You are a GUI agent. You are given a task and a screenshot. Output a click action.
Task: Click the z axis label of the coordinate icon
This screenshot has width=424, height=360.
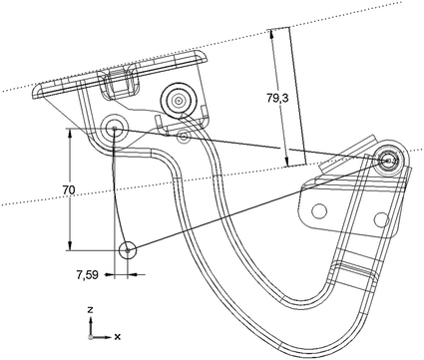(x=90, y=309)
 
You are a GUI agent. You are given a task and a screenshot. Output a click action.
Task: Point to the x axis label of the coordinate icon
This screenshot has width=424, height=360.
(x=118, y=336)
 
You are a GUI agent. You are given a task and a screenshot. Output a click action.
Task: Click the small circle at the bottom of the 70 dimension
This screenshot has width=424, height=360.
(x=128, y=249)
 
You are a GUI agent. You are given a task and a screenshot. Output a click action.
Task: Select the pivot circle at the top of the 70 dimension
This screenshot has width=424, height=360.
(x=114, y=128)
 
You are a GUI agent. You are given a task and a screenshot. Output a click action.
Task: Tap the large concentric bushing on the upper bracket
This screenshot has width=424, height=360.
(x=180, y=99)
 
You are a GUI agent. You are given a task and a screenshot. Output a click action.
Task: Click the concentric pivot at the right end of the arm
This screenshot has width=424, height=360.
(x=390, y=159)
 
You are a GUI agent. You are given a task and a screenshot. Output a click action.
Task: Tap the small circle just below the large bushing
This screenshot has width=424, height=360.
(x=184, y=135)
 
